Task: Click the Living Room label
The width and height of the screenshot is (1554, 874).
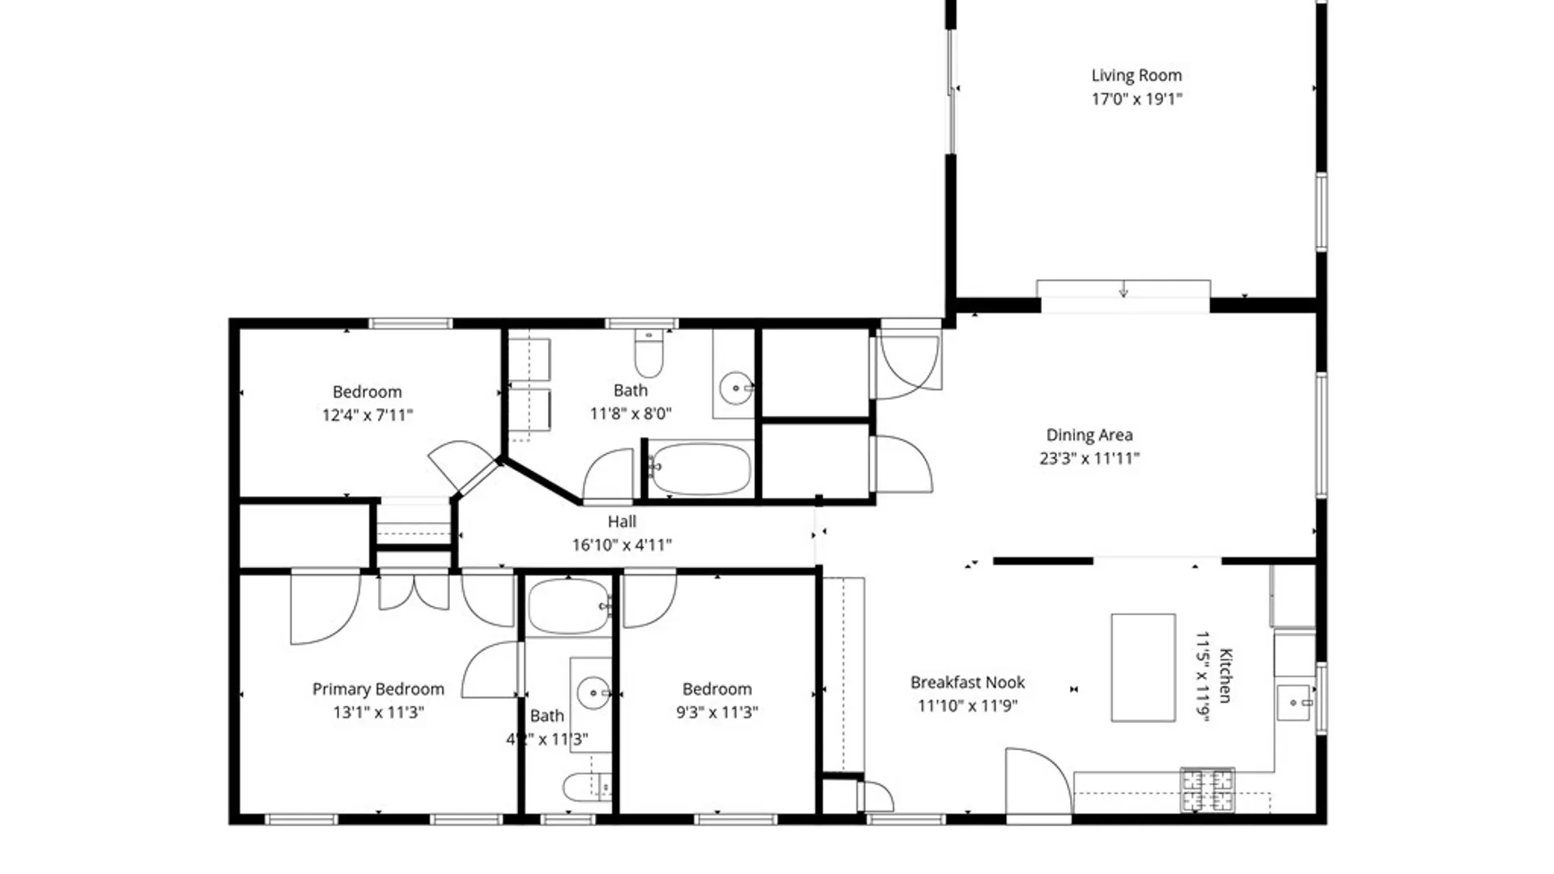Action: [1136, 75]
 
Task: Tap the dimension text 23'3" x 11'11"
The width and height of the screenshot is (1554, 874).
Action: [1089, 458]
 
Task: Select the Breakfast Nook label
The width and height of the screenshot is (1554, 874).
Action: [967, 682]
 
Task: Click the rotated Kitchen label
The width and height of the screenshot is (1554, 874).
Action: [1225, 676]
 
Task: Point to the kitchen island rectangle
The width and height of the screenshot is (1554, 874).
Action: [1143, 667]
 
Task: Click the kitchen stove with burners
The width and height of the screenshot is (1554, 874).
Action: [1208, 790]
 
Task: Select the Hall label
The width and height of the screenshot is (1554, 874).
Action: [622, 522]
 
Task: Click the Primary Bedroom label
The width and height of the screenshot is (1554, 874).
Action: [378, 689]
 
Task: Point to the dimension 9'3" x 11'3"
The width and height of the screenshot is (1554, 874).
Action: [717, 712]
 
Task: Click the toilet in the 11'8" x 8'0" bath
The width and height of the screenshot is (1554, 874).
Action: [648, 353]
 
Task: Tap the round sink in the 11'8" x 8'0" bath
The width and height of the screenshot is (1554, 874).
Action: [736, 388]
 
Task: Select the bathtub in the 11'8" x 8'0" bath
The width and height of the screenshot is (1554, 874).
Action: [701, 468]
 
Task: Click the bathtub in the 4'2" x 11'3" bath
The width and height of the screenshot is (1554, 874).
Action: [569, 606]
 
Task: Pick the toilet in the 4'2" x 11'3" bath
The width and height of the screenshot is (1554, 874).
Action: [588, 787]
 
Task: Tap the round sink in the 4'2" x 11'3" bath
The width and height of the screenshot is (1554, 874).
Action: [594, 693]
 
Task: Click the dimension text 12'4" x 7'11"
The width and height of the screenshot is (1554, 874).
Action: [367, 415]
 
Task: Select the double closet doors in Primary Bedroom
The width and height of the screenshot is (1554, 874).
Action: [414, 590]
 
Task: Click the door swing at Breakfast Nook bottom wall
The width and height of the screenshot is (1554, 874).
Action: [1038, 782]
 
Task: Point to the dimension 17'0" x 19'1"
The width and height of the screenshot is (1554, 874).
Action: [1136, 99]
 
